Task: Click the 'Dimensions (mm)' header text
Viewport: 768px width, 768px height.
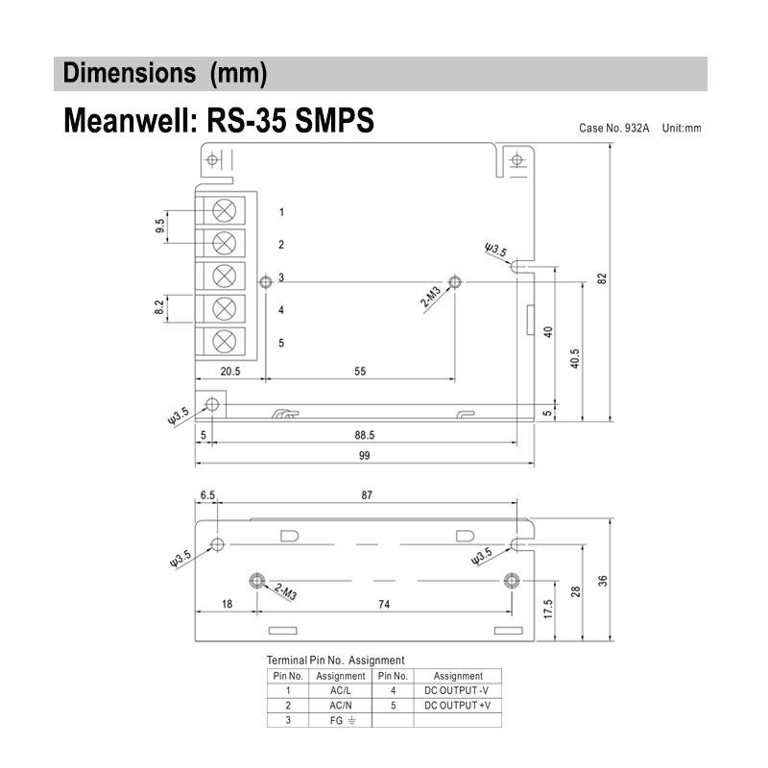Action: [x=164, y=73]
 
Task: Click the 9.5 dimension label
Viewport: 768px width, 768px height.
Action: [x=159, y=227]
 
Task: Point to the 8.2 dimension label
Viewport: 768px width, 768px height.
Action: [x=158, y=308]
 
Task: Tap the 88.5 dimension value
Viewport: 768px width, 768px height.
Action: [x=365, y=434]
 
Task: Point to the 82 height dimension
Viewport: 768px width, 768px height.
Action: [x=602, y=278]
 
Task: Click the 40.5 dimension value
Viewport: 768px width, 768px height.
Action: [x=575, y=358]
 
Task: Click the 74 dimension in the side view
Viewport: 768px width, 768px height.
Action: [x=383, y=605]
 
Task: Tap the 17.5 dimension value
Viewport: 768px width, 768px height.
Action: [x=547, y=612]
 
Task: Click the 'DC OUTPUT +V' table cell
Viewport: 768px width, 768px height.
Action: [x=457, y=705]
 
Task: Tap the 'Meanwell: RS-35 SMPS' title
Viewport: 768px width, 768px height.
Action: [x=218, y=123]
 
